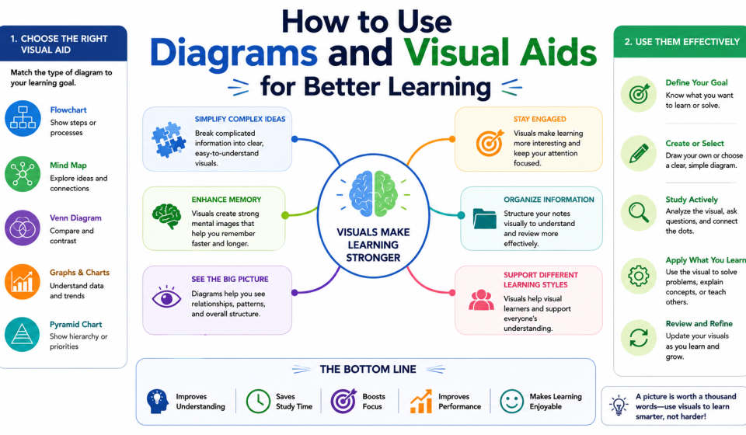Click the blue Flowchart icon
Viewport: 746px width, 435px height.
tap(23, 118)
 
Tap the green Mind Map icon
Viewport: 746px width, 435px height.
tap(23, 174)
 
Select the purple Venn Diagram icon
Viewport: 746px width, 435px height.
tap(23, 228)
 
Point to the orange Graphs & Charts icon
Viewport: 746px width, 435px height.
tap(23, 281)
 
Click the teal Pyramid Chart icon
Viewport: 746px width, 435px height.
tap(23, 334)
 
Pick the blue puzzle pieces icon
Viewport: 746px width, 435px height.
tap(168, 140)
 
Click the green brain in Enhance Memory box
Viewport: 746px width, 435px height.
tap(166, 217)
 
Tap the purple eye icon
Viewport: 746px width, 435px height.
tap(166, 298)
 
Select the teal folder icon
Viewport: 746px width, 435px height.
tap(484, 219)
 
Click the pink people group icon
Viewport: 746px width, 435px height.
tap(481, 301)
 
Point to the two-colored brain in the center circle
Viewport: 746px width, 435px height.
tap(374, 193)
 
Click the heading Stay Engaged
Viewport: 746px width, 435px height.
tap(539, 119)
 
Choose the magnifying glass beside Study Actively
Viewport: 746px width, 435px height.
tap(639, 212)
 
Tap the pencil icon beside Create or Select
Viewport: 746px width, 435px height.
tap(639, 153)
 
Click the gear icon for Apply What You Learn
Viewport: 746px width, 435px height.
tap(639, 276)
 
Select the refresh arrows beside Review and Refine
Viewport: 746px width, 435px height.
tap(639, 339)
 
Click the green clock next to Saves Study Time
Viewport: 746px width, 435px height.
tap(258, 402)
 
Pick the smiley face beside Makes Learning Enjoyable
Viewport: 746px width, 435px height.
tap(511, 402)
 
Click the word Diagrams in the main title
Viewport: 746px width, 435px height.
tap(234, 53)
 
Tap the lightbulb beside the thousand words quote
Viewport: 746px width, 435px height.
tap(619, 405)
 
